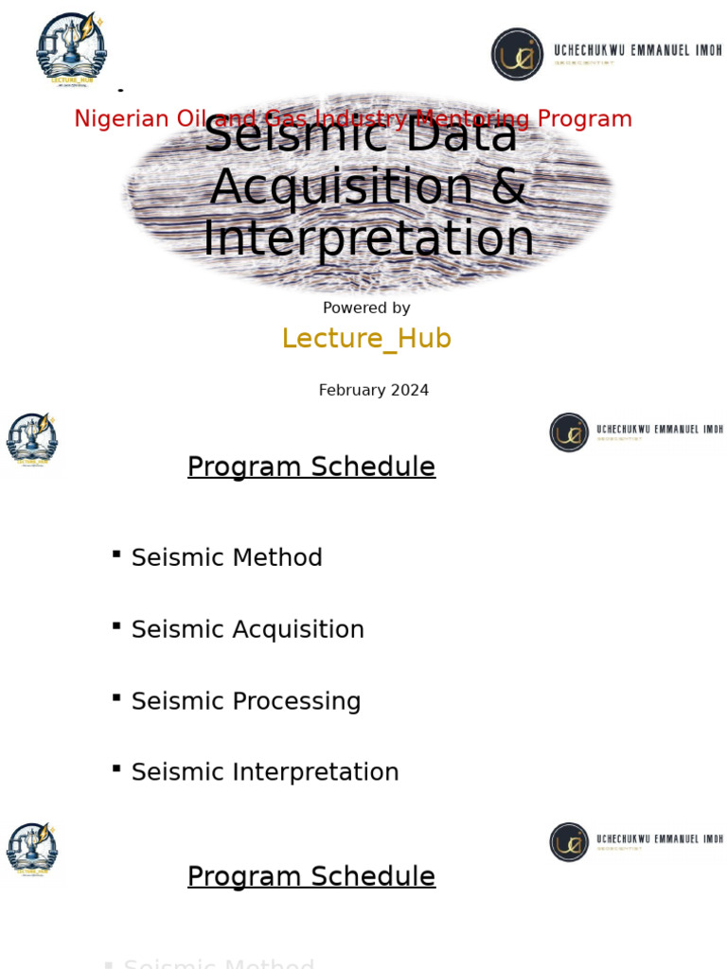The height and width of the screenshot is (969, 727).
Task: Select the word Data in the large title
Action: click(463, 135)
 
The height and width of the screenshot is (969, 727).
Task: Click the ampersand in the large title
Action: click(509, 185)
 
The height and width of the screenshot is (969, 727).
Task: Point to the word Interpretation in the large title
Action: click(367, 238)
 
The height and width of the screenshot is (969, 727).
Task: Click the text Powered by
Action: click(366, 308)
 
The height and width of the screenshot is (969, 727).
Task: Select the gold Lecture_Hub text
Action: click(366, 339)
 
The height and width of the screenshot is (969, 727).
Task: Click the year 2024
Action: click(410, 390)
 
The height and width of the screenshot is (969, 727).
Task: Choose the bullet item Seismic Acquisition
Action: click(247, 629)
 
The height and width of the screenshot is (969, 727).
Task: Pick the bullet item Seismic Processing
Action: click(246, 701)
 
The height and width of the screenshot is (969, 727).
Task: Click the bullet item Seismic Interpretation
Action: click(265, 772)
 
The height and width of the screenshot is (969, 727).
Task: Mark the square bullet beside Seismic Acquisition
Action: click(115, 625)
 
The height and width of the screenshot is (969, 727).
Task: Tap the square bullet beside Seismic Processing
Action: click(115, 697)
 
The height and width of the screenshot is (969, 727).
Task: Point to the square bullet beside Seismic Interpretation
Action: click(115, 768)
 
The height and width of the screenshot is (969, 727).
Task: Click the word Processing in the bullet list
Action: click(296, 701)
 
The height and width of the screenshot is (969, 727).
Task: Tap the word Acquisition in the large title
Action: click(341, 185)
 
